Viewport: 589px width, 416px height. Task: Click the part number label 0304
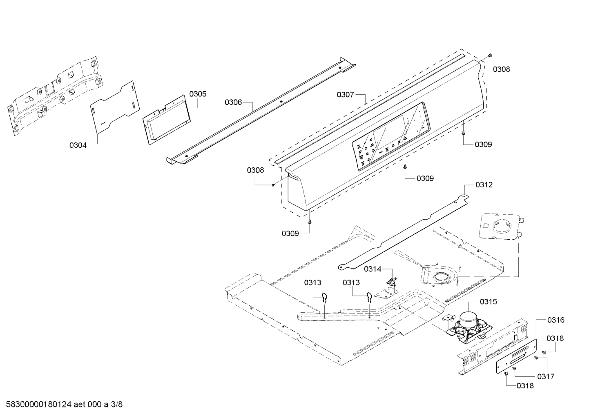coord(78,145)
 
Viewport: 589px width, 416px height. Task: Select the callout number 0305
coord(198,94)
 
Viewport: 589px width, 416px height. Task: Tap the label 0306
coord(233,102)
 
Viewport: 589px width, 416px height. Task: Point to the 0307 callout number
coord(345,95)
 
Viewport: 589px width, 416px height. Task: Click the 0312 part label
coord(484,185)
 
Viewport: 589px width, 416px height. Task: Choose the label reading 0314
coord(373,269)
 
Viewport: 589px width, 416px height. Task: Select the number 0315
coord(489,302)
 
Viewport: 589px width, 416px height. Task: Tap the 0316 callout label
coord(556,320)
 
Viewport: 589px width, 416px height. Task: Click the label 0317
coord(546,376)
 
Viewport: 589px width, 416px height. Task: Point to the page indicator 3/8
coord(116,405)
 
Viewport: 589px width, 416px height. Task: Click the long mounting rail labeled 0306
coord(261,110)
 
